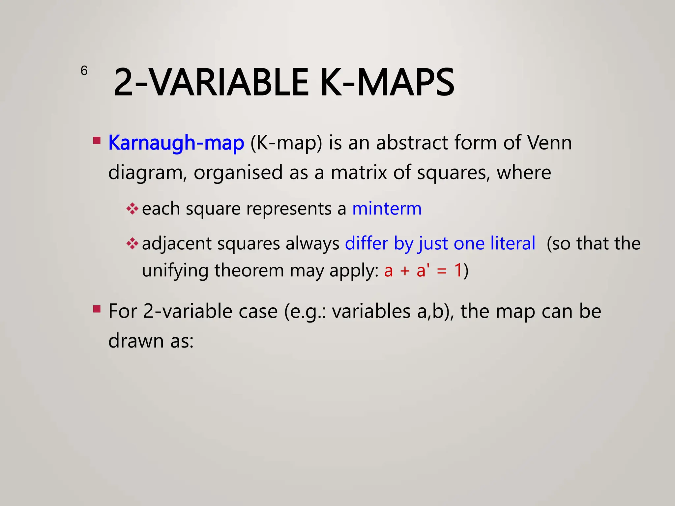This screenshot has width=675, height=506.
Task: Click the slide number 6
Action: click(84, 70)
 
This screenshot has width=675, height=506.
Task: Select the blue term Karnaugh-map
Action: click(176, 143)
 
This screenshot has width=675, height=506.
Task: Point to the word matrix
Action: click(359, 172)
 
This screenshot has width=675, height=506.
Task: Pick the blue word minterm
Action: click(387, 208)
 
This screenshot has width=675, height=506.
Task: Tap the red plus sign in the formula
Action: click(405, 271)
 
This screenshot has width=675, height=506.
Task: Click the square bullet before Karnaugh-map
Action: click(97, 141)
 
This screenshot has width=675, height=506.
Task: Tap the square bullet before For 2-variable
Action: click(97, 309)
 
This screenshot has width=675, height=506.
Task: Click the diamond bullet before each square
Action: click(132, 209)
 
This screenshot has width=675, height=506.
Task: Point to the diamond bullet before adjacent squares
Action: click(132, 244)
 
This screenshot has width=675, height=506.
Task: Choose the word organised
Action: click(238, 172)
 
